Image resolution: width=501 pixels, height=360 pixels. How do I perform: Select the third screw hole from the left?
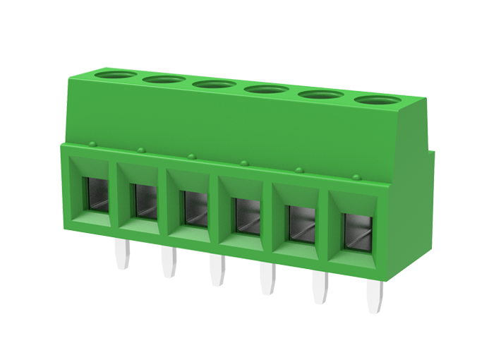pyautogui.click(x=214, y=84)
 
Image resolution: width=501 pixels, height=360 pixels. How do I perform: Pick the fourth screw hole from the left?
pyautogui.click(x=265, y=90)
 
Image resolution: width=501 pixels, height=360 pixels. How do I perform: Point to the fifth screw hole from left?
pyautogui.click(x=318, y=95)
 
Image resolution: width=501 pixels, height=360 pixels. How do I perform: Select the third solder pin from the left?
pyautogui.click(x=219, y=270)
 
